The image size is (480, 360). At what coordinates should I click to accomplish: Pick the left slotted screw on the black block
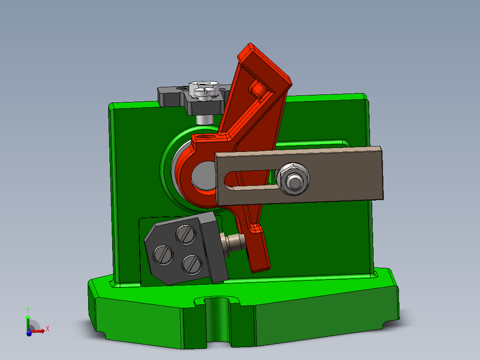163,255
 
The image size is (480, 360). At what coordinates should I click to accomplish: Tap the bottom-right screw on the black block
191,263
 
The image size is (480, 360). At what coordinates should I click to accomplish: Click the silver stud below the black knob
204,119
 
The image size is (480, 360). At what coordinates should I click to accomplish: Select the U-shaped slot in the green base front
218,321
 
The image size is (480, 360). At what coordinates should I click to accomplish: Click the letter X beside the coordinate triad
48,328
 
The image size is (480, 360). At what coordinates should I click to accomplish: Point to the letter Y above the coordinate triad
28,310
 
